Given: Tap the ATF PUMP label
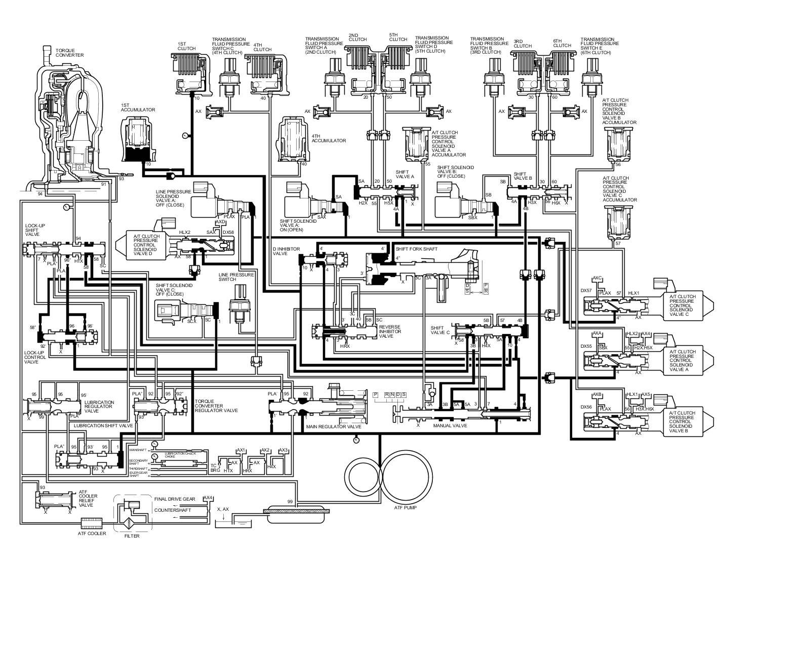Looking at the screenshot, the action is point(406,507).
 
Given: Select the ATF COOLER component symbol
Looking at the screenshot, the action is point(91,521).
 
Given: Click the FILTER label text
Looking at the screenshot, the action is point(132,536).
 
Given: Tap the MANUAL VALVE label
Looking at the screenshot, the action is point(450,426).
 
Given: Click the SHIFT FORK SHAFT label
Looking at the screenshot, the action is point(417,249).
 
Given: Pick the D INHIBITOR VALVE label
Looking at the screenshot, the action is point(287,251).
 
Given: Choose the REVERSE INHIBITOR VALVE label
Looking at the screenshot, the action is point(390,331).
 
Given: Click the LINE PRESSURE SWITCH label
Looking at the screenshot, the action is point(236,276).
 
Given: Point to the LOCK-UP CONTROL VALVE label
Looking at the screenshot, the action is point(35,357).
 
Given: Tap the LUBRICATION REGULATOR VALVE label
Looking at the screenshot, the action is point(99,406).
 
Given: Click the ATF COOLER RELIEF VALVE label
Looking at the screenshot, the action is point(86,498).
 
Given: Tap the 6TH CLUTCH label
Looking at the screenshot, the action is point(562,43).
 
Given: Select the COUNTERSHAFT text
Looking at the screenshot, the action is point(173,510).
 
